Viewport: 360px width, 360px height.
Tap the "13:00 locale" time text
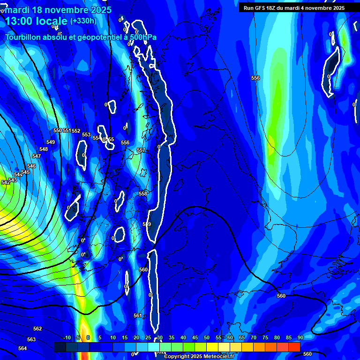point(36,21)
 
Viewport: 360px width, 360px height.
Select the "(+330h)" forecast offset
point(83,21)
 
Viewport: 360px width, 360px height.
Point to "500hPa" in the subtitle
point(142,37)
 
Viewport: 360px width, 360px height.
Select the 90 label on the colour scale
point(300,337)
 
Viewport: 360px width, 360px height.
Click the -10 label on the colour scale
point(67,337)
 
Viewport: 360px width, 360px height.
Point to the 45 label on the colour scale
point(195,337)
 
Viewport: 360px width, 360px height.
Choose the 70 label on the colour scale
point(254,337)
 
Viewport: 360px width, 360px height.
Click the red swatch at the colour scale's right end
point(294,347)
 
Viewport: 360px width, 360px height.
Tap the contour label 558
point(143,194)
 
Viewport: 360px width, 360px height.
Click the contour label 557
point(141,150)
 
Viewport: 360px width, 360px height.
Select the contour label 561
point(137,315)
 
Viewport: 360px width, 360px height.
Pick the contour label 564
point(22,348)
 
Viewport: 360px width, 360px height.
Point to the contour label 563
point(31,339)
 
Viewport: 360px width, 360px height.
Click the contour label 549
point(51,142)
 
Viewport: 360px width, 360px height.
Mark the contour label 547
point(37,156)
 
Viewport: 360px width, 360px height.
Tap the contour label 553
point(86,135)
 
